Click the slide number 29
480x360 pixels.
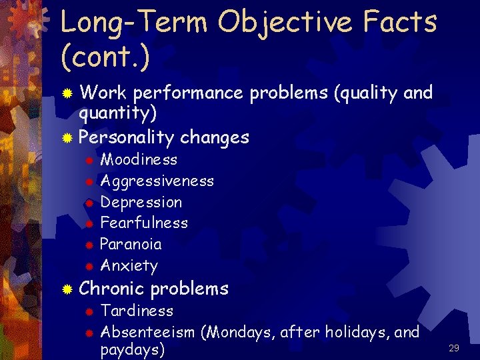coord(454,347)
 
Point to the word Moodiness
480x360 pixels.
coord(139,159)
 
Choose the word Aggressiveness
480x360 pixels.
coord(157,181)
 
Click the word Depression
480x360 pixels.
coord(141,202)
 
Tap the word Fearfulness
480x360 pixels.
coord(143,223)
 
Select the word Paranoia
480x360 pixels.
coord(131,244)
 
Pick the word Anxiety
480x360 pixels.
coord(129,265)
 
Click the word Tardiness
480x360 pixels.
coord(137,311)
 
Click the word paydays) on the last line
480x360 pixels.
coord(132,350)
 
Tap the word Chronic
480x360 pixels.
coord(111,289)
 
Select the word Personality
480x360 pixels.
coord(127,138)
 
